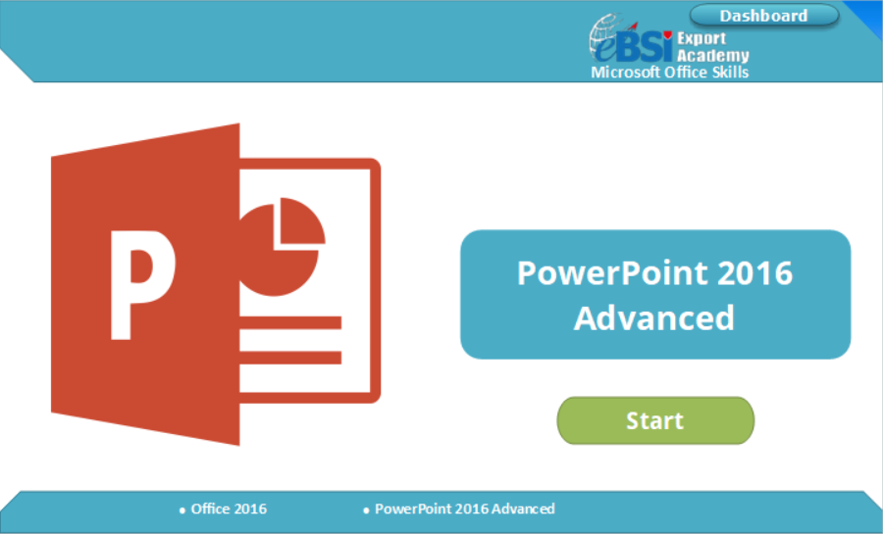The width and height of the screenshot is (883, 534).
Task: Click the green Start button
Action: pyautogui.click(x=655, y=421)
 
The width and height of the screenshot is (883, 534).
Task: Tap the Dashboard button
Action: pyautogui.click(x=763, y=16)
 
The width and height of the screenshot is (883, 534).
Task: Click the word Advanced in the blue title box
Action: pyautogui.click(x=654, y=318)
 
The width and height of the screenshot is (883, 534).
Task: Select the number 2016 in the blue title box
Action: pyautogui.click(x=753, y=272)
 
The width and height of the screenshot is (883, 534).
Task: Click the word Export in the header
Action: pyautogui.click(x=701, y=39)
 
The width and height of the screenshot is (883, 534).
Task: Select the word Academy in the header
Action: pyautogui.click(x=713, y=56)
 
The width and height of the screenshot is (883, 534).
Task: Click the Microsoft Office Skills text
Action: pyautogui.click(x=670, y=73)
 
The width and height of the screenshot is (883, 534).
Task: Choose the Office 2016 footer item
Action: pyautogui.click(x=229, y=509)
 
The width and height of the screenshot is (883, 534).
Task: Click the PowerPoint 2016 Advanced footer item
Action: pyautogui.click(x=464, y=509)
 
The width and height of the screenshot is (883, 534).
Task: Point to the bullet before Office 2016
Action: pyautogui.click(x=182, y=510)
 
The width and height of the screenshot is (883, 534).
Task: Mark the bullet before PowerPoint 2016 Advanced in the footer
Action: pyautogui.click(x=366, y=510)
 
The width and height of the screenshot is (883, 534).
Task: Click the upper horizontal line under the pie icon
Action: pyautogui.click(x=290, y=321)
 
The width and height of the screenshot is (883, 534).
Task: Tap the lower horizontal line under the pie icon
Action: pyautogui.click(x=290, y=357)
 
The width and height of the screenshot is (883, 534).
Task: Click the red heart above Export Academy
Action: pyautogui.click(x=667, y=34)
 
